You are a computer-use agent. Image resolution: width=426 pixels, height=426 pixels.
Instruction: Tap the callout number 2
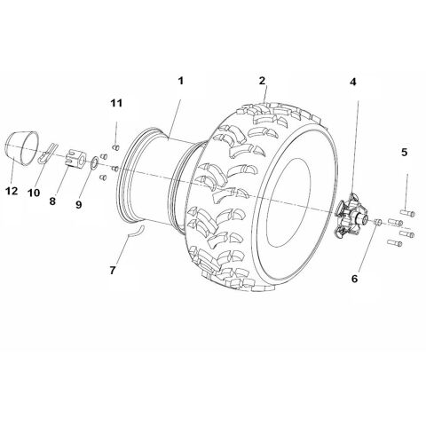pos(263,81)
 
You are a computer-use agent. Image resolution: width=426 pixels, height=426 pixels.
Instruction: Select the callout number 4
pos(353,83)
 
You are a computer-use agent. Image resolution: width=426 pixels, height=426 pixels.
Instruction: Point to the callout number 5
pos(404,154)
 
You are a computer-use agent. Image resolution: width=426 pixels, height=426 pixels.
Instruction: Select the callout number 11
pos(116,105)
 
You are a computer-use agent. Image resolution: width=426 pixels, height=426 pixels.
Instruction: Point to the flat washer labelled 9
pos(93,166)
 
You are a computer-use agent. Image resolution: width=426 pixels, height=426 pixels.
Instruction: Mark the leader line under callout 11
pos(116,127)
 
